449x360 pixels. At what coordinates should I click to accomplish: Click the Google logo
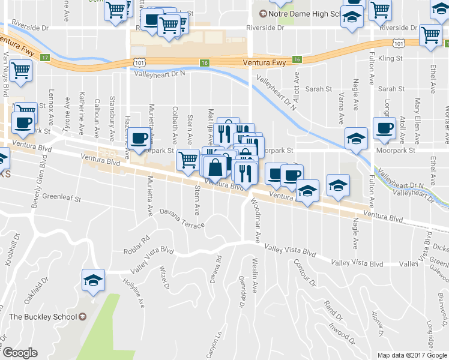[x=19, y=353]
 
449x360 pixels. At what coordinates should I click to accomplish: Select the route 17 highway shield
[x=44, y=58]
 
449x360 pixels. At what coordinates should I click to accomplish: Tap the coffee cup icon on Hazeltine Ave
[x=140, y=139]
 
